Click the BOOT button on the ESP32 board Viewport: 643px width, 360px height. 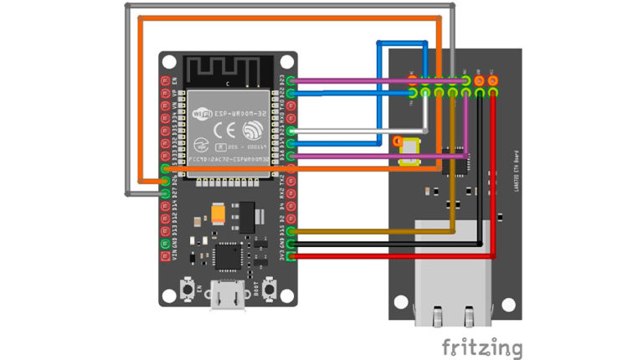point(270,290)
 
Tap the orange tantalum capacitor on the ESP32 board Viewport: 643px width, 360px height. point(219,215)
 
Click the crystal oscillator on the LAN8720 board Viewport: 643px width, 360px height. point(411,151)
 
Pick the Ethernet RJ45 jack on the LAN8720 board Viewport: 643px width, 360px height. point(452,268)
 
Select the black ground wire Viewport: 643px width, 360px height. point(385,244)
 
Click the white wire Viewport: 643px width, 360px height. point(360,131)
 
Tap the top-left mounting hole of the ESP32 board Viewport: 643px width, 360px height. point(170,63)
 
